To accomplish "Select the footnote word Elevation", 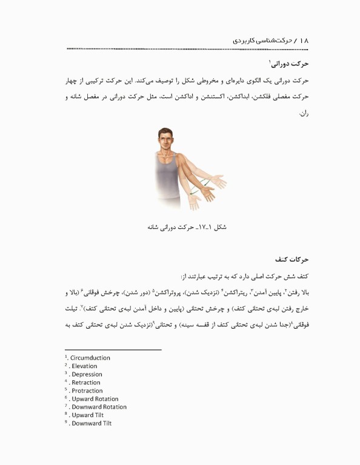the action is point(84,366).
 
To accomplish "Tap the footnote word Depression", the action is point(85,374).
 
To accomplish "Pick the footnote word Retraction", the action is point(85,383).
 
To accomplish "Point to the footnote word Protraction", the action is point(87,391).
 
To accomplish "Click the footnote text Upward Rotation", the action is point(95,399).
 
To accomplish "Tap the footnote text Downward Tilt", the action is point(91,423).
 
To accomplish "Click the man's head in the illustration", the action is point(164,138).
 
